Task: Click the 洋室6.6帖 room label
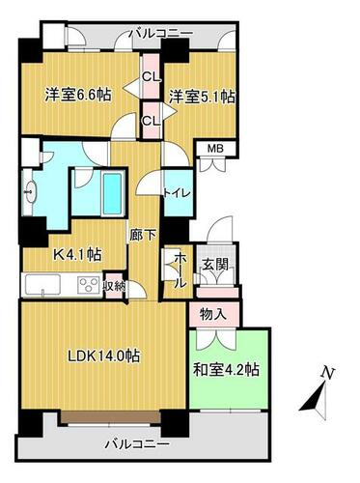[78, 95]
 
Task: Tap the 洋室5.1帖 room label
[202, 97]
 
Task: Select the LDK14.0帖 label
[102, 356]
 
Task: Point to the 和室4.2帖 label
[226, 370]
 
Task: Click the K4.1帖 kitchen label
[77, 255]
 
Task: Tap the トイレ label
[178, 193]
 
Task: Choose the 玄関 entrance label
[215, 265]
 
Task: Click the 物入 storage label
[213, 314]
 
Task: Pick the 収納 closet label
[114, 286]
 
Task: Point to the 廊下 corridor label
[143, 236]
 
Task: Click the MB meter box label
[215, 149]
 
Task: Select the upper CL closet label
[151, 76]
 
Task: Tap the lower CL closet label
[151, 121]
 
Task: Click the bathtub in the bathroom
[113, 194]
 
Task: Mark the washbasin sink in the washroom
[31, 192]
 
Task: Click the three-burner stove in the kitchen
[90, 284]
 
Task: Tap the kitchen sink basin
[42, 284]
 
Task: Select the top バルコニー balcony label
[161, 33]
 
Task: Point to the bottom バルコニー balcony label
[137, 444]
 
